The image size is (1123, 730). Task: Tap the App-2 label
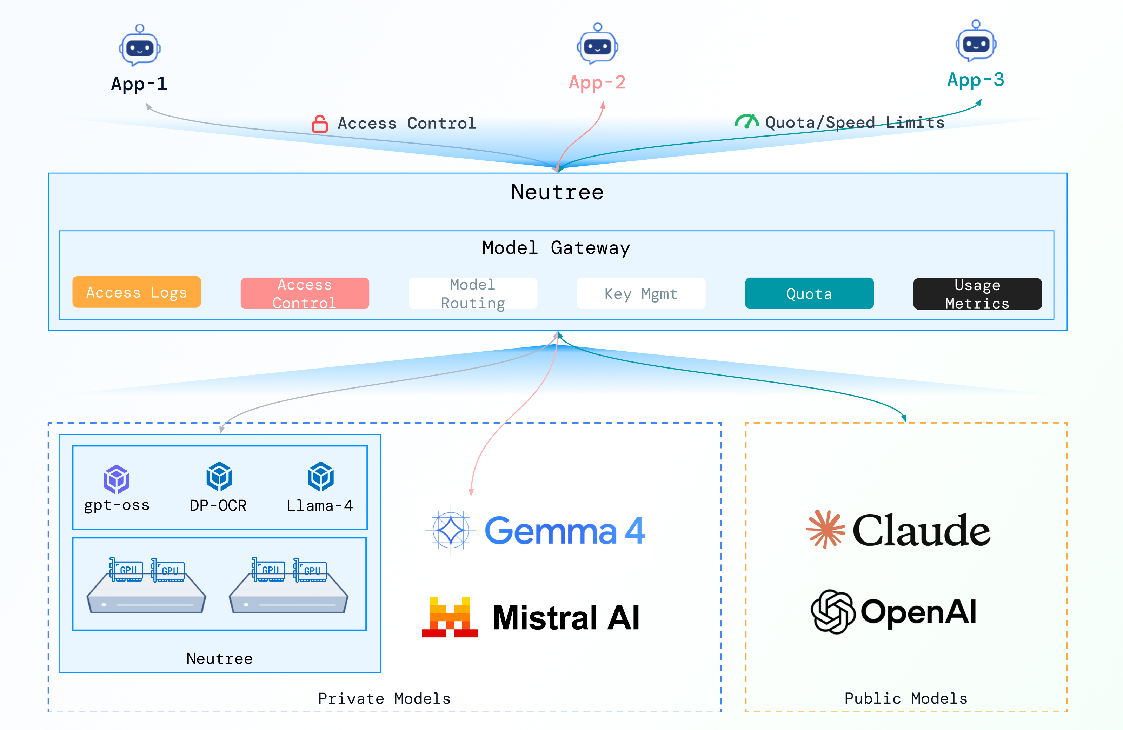[597, 82]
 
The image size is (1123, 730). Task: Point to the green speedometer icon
[746, 121]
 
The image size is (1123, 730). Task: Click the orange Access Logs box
[137, 292]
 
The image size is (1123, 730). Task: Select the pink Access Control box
[305, 293]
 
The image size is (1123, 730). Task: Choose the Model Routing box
[473, 293]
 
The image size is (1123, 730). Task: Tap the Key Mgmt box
[641, 293]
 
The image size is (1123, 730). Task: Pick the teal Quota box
[809, 293]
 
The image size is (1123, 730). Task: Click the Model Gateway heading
[556, 248]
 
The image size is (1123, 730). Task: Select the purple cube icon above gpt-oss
[117, 479]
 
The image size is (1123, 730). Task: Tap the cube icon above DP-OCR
[219, 477]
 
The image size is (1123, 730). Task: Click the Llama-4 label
[320, 506]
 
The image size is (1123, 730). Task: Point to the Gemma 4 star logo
[451, 530]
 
